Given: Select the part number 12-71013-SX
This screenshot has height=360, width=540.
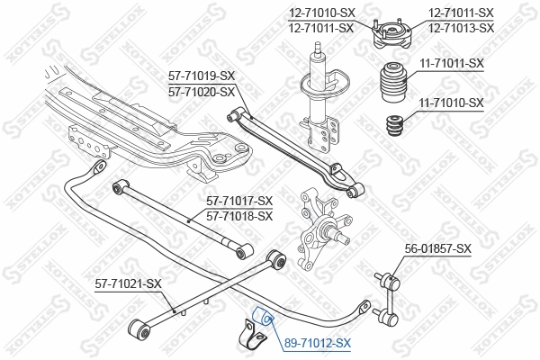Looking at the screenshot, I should pos(461,28).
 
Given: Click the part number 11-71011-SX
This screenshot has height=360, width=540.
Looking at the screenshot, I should pos(451,63).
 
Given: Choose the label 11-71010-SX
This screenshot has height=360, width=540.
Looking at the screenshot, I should pos(451,103).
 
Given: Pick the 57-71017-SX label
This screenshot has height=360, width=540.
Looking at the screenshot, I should pos(238,201).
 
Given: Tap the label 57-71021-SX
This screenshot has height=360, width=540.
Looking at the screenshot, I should pos(129,284).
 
